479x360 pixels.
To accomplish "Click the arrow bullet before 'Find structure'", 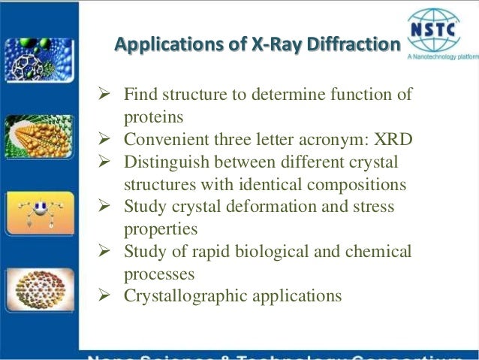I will tap(104, 95).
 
